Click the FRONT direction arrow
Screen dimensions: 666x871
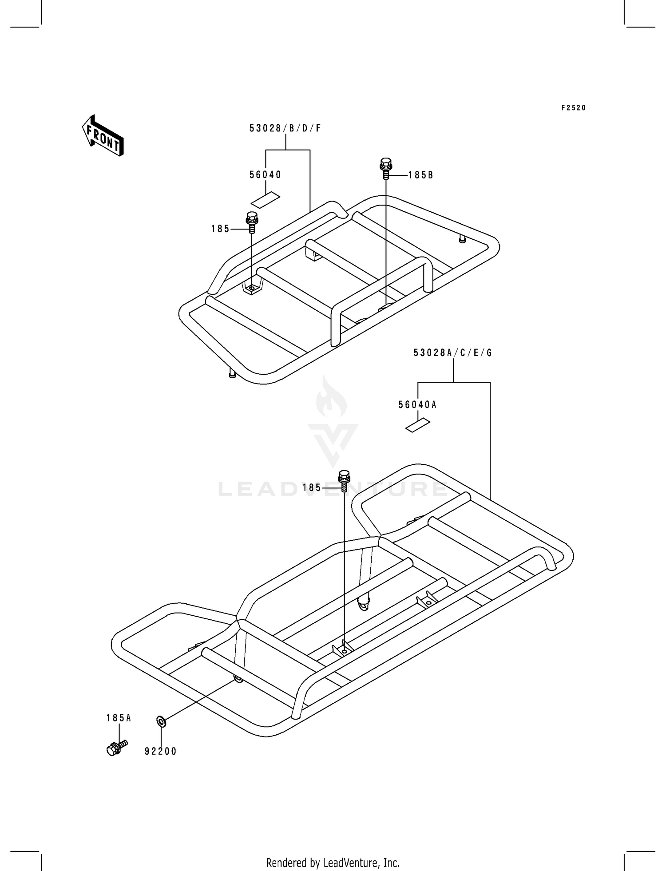click(x=103, y=135)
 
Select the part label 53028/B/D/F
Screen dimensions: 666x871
click(x=285, y=128)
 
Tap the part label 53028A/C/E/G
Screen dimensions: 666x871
click(x=452, y=353)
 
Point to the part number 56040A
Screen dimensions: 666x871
click(x=417, y=405)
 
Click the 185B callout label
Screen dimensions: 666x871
click(x=420, y=175)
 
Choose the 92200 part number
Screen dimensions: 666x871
click(x=161, y=751)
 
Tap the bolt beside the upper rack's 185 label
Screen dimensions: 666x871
click(x=252, y=223)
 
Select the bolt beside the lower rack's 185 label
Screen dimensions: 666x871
click(x=344, y=481)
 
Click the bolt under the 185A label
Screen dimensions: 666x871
click(x=116, y=747)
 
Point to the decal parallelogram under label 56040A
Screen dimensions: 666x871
click(x=418, y=425)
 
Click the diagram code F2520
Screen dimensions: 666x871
click(x=574, y=108)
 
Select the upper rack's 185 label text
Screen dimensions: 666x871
click(x=220, y=229)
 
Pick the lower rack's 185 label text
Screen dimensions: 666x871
click(x=312, y=488)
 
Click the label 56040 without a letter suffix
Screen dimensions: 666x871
click(x=265, y=175)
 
